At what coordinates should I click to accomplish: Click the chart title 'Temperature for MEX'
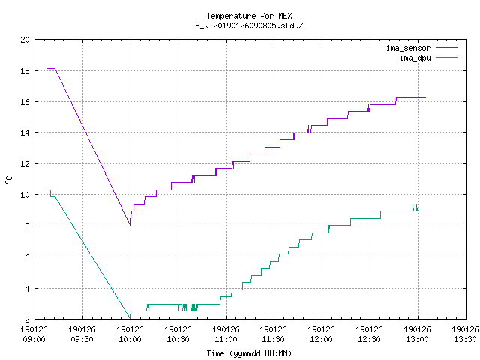(x=249, y=16)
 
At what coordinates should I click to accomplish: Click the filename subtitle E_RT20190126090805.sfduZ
(x=249, y=25)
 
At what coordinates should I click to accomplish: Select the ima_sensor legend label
(x=408, y=48)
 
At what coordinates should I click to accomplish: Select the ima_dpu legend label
(x=415, y=58)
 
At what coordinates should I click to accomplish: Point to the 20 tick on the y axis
(x=25, y=40)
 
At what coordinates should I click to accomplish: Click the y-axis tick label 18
(x=25, y=70)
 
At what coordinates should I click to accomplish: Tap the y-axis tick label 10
(x=25, y=195)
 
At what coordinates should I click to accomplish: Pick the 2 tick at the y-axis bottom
(x=28, y=319)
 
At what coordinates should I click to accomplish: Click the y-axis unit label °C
(x=9, y=180)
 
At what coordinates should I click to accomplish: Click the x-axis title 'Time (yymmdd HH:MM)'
(x=249, y=353)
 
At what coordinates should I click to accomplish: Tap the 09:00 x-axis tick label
(x=34, y=334)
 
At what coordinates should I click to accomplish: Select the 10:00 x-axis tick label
(x=130, y=334)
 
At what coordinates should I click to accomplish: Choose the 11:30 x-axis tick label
(x=273, y=334)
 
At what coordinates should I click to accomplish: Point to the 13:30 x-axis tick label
(x=465, y=334)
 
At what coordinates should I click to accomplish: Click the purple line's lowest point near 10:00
(x=130, y=225)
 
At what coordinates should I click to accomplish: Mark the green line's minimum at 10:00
(x=130, y=318)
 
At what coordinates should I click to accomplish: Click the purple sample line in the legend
(x=446, y=48)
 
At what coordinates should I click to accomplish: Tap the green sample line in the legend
(x=446, y=57)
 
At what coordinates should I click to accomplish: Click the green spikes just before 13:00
(x=415, y=208)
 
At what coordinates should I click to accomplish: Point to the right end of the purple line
(x=425, y=97)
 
